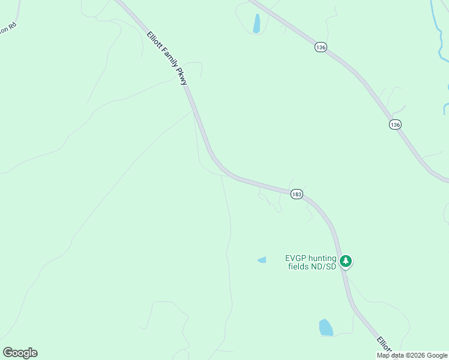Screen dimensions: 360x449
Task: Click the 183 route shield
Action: pyautogui.click(x=296, y=194)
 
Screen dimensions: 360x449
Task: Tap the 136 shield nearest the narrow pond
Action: pyautogui.click(x=321, y=47)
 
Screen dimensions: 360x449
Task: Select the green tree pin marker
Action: pyautogui.click(x=345, y=261)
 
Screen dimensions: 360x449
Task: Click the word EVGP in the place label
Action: pyautogui.click(x=295, y=259)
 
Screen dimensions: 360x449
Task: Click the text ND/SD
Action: pyautogui.click(x=324, y=266)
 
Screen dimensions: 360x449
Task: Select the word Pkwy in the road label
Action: pyautogui.click(x=182, y=77)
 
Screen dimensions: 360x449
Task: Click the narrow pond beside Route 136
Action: pyautogui.click(x=257, y=23)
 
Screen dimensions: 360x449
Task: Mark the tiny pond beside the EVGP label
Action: pyautogui.click(x=262, y=260)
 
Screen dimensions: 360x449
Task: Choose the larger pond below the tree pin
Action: pyautogui.click(x=325, y=327)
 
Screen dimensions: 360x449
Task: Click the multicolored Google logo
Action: pyautogui.click(x=20, y=353)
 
